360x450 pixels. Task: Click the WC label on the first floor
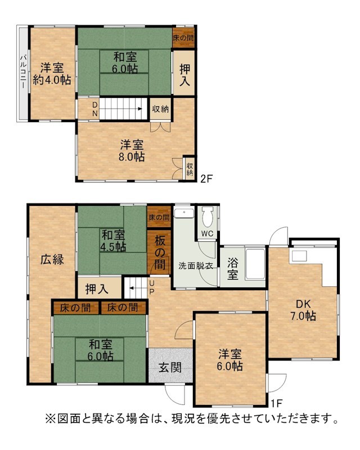click(207, 233)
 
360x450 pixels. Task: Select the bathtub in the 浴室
click(255, 264)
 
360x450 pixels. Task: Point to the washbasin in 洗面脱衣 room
click(184, 213)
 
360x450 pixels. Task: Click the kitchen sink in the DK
click(299, 256)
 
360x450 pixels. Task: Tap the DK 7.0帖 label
click(303, 310)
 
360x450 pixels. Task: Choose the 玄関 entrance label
click(170, 367)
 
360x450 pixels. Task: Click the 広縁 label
click(52, 259)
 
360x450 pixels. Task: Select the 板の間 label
click(160, 253)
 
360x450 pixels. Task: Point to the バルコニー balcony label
click(23, 71)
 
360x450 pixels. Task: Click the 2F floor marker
click(206, 178)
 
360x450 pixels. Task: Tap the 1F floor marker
click(277, 403)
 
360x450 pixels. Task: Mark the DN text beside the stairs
click(94, 109)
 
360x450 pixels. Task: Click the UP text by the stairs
click(152, 287)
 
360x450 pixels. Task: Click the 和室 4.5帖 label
click(113, 241)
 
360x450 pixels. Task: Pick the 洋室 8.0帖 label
click(132, 150)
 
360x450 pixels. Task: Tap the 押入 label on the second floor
click(184, 75)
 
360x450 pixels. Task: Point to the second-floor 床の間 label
click(183, 38)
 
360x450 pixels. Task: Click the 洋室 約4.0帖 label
click(52, 74)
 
